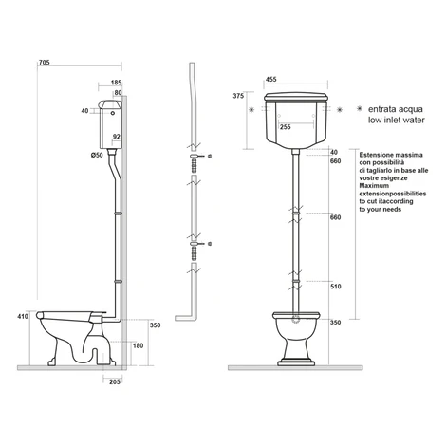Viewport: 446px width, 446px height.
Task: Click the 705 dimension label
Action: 44,63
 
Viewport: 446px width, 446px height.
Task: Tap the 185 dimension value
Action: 116,83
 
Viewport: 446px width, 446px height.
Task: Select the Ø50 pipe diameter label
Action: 97,155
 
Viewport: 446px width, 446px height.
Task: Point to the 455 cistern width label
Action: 270,79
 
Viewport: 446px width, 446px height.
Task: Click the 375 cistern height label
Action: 238,96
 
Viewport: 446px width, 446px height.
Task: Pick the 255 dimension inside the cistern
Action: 285,127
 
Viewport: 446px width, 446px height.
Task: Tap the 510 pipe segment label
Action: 335,287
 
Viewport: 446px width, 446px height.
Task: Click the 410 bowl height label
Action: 23,316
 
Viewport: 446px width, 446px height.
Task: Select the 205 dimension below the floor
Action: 115,381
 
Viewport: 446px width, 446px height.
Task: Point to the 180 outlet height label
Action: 138,345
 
